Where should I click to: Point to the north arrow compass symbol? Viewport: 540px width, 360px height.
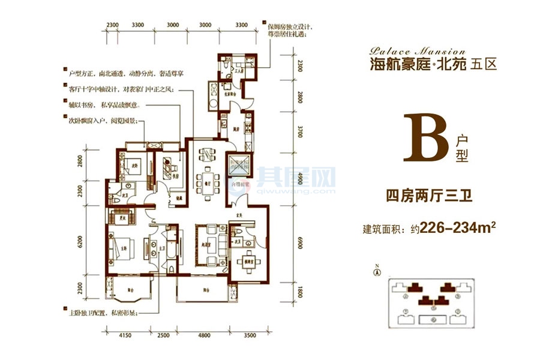pyautogui.click(x=376, y=271)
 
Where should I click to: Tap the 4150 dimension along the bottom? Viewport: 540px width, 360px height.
pyautogui.click(x=125, y=335)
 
